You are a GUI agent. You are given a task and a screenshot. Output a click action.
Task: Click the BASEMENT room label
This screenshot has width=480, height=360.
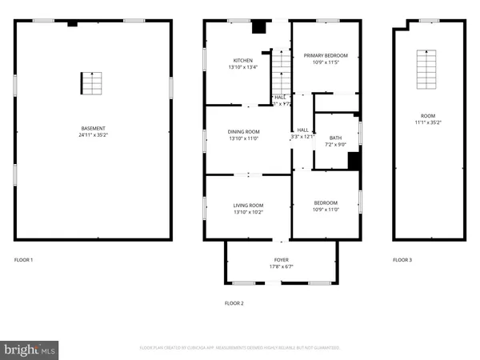click(x=94, y=129)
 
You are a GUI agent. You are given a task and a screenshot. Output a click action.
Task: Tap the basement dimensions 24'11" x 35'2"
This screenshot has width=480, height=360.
click(x=94, y=135)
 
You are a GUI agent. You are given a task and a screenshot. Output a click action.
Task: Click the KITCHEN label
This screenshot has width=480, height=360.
click(x=243, y=61)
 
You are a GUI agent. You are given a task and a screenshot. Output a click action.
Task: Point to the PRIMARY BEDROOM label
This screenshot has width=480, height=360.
click(x=325, y=55)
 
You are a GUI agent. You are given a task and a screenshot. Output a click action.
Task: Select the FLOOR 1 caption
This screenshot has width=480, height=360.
click(x=24, y=260)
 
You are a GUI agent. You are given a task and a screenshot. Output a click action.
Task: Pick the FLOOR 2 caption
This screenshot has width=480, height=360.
click(x=234, y=303)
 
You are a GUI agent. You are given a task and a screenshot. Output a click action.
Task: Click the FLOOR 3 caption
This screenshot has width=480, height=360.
click(x=402, y=260)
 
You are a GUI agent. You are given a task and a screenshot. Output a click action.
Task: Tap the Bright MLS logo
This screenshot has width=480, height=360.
click(x=30, y=349)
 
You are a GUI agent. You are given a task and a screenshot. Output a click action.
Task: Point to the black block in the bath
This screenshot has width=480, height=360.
click(x=354, y=160)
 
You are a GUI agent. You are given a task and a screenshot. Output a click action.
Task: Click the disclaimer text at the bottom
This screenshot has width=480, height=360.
click(x=240, y=348)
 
